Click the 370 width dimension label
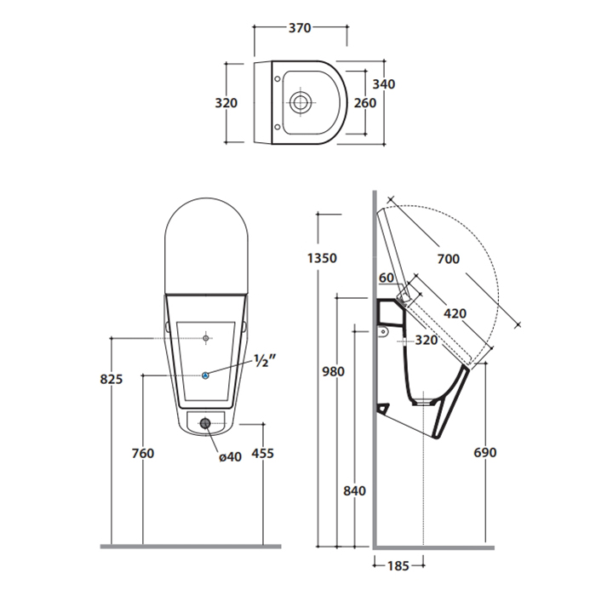(x=300, y=28)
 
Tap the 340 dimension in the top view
(x=383, y=84)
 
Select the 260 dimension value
(x=365, y=103)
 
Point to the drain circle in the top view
(x=301, y=102)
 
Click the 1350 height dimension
(x=322, y=258)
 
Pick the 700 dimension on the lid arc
(x=449, y=259)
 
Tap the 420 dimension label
(x=455, y=313)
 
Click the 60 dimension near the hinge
(x=387, y=278)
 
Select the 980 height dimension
(x=334, y=371)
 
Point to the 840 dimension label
(x=355, y=490)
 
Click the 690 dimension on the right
(x=485, y=453)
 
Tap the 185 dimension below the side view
(x=398, y=566)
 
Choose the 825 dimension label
(x=112, y=379)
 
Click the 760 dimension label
(x=143, y=454)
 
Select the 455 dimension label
(x=262, y=454)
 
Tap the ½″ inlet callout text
(x=266, y=360)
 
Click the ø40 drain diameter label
(x=231, y=456)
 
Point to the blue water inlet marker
(x=205, y=375)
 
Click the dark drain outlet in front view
(x=205, y=423)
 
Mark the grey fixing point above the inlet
(x=206, y=338)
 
